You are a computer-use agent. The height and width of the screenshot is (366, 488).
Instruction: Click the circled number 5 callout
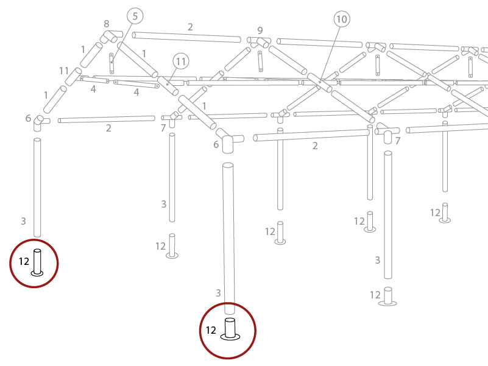(135, 16)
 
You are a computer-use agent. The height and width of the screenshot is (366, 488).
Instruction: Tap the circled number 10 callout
(341, 19)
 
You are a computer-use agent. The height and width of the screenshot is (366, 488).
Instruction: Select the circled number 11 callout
(181, 61)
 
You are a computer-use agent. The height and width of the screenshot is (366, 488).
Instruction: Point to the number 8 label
(107, 24)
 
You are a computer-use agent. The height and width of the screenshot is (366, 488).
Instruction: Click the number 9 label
(260, 30)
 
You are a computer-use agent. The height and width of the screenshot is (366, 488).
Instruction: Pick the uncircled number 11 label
(65, 71)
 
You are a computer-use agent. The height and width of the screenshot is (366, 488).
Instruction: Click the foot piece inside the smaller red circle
(37, 262)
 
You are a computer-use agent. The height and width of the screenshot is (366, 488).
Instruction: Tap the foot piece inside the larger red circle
(230, 329)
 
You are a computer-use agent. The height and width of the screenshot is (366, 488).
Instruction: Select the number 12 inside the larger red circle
(211, 331)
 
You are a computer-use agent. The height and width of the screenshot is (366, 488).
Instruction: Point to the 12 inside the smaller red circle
(24, 261)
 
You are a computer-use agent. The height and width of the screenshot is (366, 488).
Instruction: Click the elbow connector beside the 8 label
(111, 37)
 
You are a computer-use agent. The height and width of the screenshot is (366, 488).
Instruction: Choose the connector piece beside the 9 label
(260, 41)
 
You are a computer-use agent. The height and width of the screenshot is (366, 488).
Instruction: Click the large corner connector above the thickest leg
(228, 141)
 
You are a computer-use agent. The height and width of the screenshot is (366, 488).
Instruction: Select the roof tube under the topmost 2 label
(186, 37)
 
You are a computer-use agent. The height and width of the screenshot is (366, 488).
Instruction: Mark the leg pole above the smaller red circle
(37, 188)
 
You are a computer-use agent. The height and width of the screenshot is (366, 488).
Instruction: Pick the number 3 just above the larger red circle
(218, 294)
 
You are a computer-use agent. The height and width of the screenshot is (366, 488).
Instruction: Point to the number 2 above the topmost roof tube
(190, 27)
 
